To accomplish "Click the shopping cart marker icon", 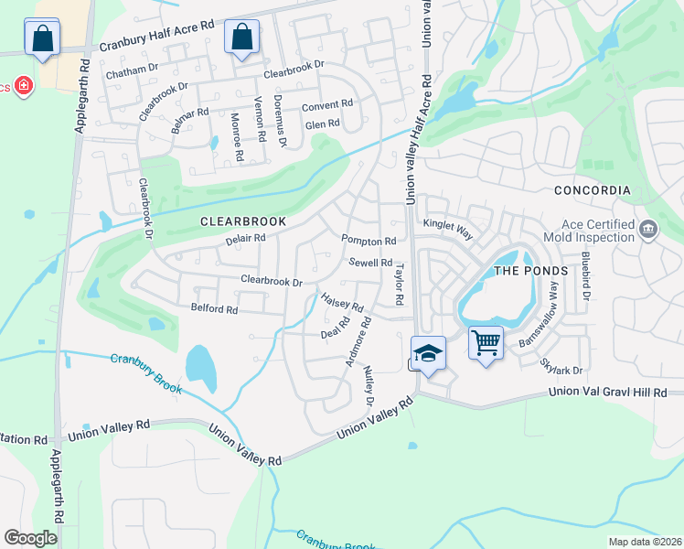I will (486, 344).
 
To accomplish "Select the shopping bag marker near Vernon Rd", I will (241, 38).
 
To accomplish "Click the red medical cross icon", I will (23, 87).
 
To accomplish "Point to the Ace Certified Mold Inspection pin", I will (648, 228).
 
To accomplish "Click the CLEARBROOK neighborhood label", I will (243, 221).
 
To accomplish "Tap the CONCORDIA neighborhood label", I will (592, 190).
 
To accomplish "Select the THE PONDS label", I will (531, 271).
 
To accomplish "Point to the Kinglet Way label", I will (447, 228).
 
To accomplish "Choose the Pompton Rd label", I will (369, 241).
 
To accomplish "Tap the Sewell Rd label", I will (371, 263).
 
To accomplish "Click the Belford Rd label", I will (214, 309).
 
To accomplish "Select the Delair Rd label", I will (245, 239).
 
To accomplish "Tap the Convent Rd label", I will (326, 105).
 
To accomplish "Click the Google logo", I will (30, 537).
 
